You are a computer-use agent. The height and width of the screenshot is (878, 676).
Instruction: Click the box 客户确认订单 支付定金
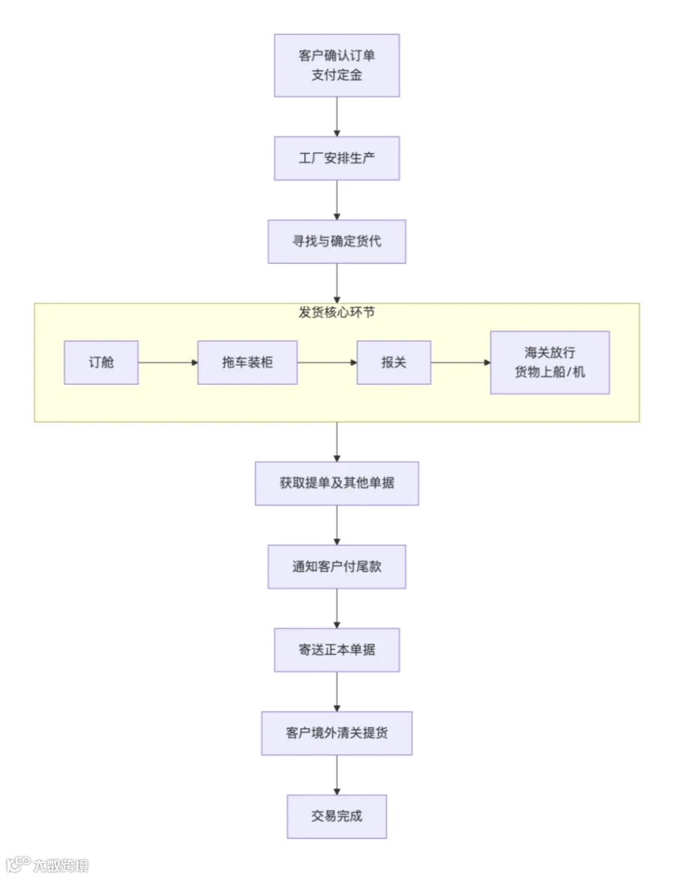pos(337,65)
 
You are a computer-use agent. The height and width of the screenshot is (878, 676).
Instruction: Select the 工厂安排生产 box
pos(337,159)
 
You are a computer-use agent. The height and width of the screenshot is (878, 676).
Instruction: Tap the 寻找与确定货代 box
pos(337,241)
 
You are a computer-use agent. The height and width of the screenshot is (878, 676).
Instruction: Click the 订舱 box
pos(101,362)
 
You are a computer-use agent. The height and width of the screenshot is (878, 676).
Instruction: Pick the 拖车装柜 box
pos(247,362)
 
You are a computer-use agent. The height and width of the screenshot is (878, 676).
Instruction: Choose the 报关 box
pos(394,362)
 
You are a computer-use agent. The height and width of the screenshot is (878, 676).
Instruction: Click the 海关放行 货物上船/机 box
pos(550,362)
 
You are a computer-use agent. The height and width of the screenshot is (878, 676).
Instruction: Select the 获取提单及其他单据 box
pos(337,483)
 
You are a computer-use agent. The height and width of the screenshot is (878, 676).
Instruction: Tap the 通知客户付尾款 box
pos(337,567)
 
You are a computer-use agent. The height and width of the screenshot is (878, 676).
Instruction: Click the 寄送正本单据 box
pos(337,649)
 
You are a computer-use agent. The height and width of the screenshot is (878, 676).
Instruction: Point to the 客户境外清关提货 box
pos(337,733)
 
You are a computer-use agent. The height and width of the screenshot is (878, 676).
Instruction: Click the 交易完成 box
pos(337,816)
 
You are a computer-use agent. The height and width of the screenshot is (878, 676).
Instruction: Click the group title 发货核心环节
pos(336,313)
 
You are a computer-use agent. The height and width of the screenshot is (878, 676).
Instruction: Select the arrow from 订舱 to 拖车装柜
pos(168,362)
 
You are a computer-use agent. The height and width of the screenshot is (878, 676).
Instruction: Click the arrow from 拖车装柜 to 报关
pos(327,362)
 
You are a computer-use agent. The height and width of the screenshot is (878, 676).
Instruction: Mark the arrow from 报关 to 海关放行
pos(460,362)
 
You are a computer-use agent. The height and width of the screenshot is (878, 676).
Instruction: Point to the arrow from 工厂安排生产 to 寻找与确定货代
pos(337,200)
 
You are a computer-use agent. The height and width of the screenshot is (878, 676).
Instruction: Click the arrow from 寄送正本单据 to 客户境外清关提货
pos(337,692)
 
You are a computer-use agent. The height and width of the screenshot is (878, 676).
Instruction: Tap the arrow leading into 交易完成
pos(337,775)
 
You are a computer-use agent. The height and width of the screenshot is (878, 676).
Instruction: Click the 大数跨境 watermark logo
pos(47,864)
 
